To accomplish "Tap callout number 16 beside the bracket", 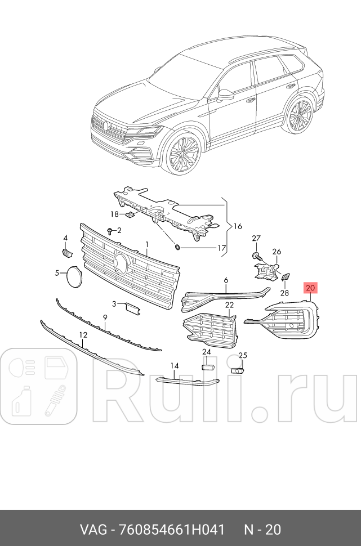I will tap(237, 226).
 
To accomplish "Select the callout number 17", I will tap(221, 248).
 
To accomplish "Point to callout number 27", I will tap(256, 238).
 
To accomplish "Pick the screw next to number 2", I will tap(109, 231).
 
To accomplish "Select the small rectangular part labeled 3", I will tap(131, 307).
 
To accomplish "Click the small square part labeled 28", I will tap(285, 277).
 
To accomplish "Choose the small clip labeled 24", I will tap(207, 366).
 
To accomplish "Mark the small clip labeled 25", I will tap(237, 370).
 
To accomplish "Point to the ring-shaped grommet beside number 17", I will tap(177, 248).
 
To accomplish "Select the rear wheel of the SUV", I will tap(299, 116).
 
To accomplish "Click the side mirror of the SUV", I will tap(226, 95).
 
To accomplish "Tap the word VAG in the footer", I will tap(91, 530).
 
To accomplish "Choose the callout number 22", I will tap(230, 305).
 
